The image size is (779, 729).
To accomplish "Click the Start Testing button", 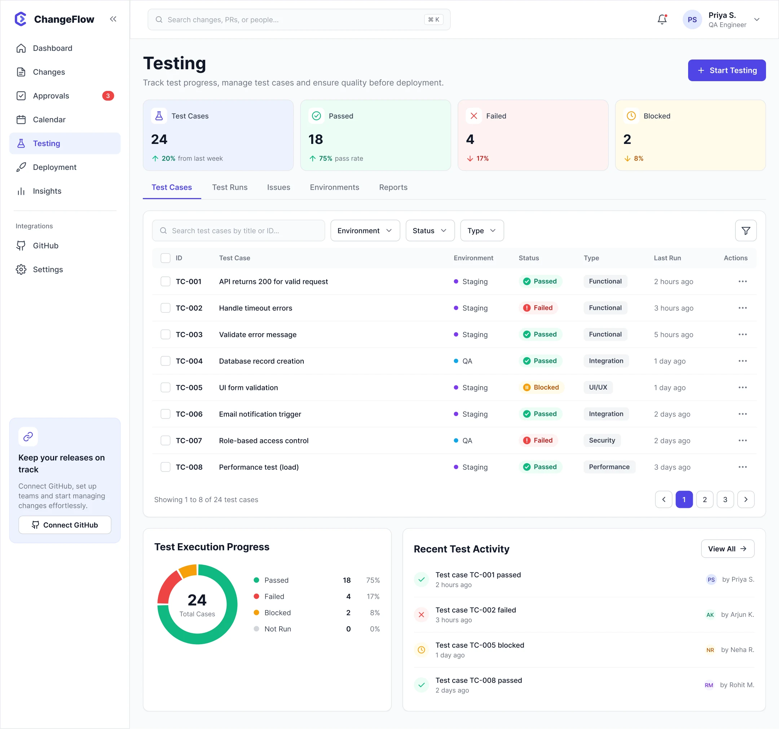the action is tap(726, 71).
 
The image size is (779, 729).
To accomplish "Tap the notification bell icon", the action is tap(662, 19).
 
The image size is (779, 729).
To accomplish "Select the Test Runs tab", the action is tap(230, 187).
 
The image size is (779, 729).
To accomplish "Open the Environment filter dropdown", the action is tap(365, 230).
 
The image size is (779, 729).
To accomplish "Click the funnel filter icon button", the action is tap(745, 230).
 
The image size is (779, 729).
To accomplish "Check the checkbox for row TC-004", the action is tap(166, 361).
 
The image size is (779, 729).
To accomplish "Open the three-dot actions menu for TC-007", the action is tap(742, 440).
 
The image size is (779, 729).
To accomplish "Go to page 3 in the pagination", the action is tap(725, 499).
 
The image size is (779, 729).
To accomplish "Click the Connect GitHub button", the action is tap(65, 525).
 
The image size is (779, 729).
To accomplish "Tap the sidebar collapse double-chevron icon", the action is tap(113, 19).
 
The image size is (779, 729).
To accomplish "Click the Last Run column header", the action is tap(667, 258).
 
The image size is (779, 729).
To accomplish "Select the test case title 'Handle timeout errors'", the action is tap(255, 308).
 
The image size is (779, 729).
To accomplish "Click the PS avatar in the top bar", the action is tap(692, 19).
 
